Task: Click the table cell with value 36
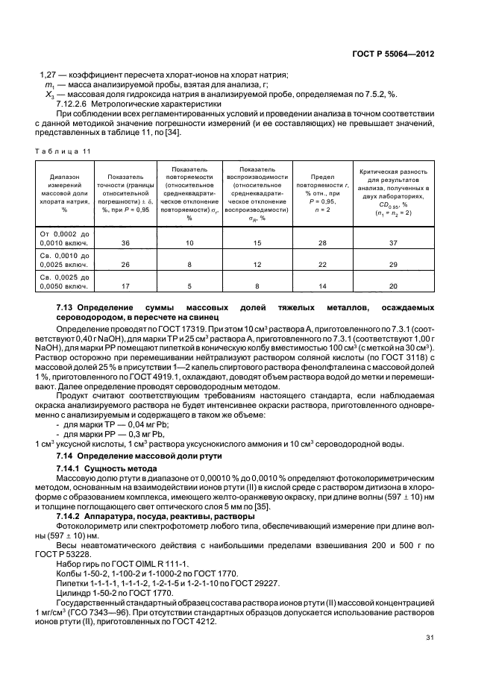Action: tap(125, 242)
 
